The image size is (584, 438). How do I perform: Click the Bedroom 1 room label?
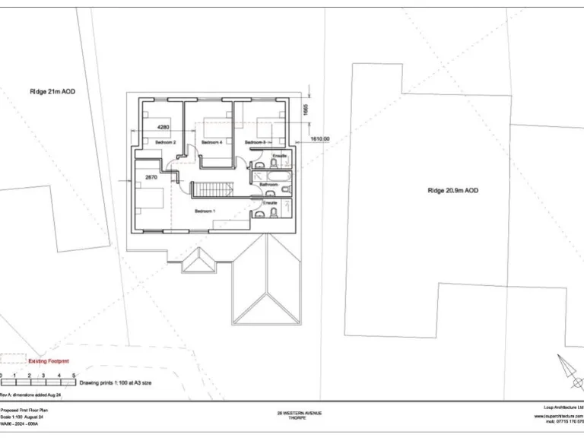click(205, 211)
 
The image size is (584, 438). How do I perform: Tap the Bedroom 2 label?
click(166, 142)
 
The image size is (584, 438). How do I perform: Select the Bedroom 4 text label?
click(211, 142)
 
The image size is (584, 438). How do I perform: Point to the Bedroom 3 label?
click(255, 142)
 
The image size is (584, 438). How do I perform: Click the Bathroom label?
click(268, 185)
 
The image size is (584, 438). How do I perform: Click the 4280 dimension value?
click(163, 127)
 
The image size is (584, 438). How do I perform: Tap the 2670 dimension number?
click(151, 177)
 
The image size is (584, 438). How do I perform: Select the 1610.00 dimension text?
click(320, 139)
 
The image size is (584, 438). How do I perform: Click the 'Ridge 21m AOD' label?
click(52, 91)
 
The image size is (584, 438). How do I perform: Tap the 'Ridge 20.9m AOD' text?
click(452, 191)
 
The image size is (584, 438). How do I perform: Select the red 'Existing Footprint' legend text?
click(48, 361)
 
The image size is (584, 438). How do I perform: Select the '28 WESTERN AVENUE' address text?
click(300, 413)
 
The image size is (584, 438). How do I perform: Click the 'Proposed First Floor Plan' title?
click(21, 409)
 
